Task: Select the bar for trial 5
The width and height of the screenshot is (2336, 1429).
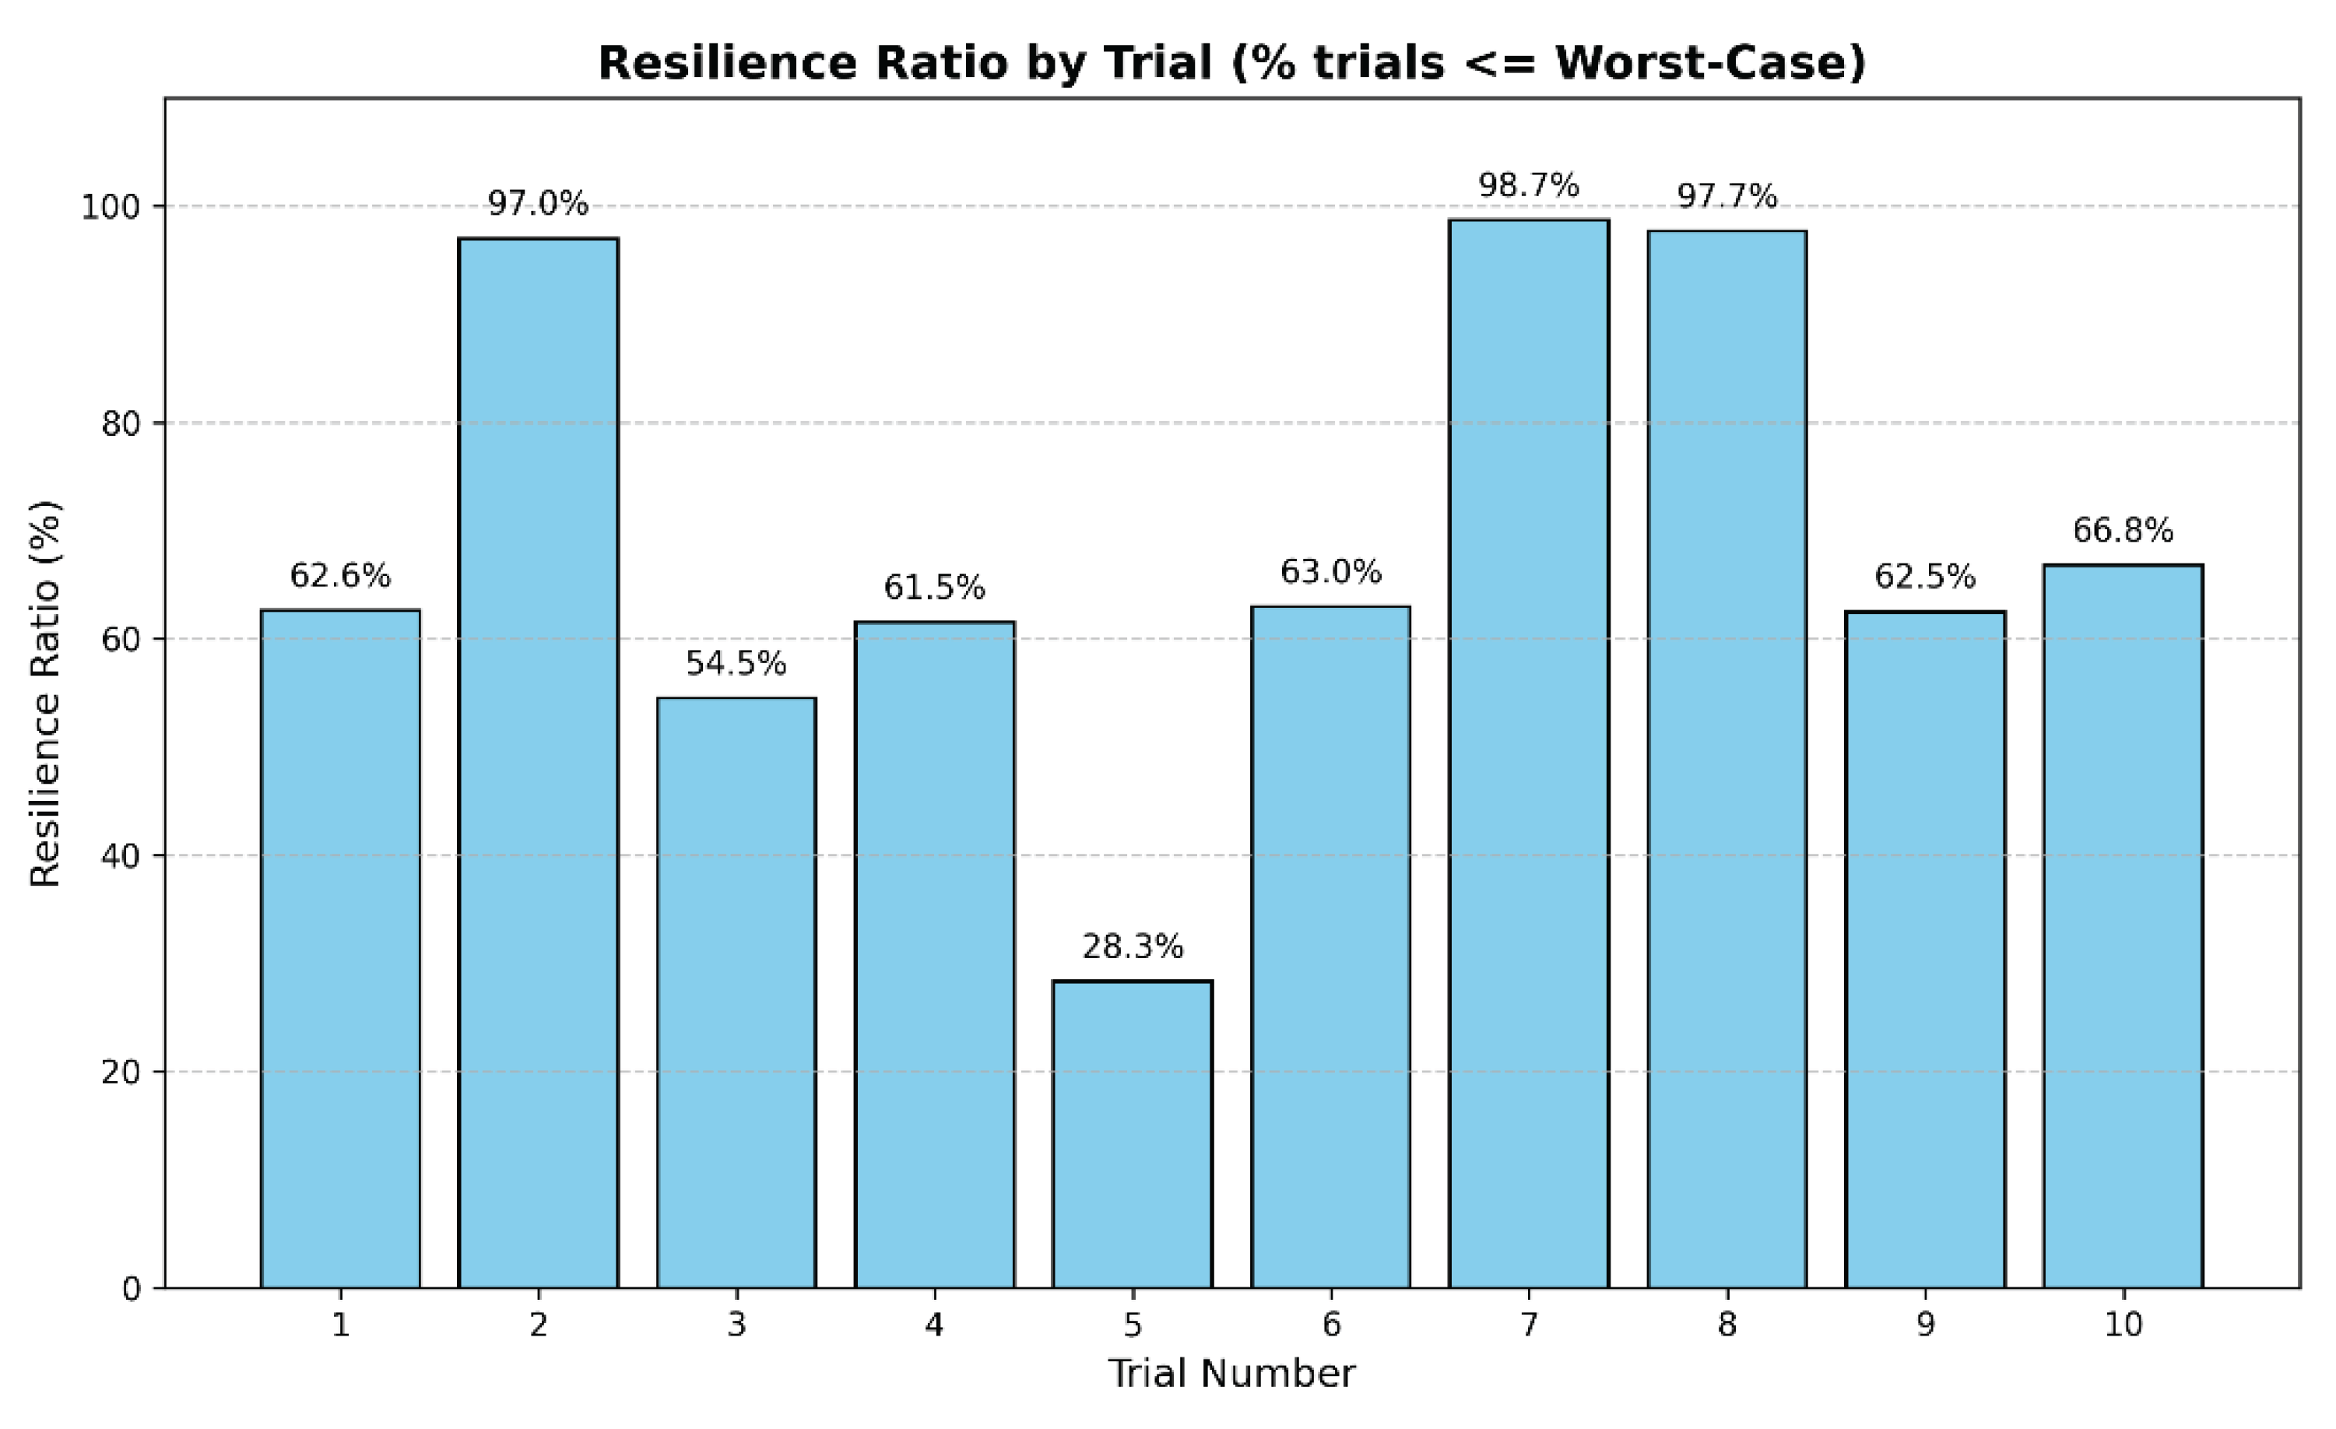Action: [1132, 1134]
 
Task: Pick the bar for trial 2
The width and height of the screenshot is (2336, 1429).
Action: [539, 764]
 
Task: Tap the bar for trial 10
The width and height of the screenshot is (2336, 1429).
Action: [2123, 926]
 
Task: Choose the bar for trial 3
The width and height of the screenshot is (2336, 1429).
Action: [736, 993]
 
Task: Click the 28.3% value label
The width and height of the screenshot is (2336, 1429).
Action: [1133, 946]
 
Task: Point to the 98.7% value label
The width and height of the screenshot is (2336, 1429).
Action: [1530, 185]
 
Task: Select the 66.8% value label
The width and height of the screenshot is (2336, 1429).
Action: [2123, 530]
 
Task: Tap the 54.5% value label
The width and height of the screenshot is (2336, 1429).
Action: [736, 664]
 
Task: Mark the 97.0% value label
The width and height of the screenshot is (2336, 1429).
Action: [539, 204]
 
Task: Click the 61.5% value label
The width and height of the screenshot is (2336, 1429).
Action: [935, 588]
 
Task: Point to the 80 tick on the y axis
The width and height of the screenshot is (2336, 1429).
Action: [121, 423]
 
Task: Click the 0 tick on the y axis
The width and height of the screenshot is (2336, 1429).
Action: [131, 1289]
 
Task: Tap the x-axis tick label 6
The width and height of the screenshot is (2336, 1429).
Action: [1331, 1325]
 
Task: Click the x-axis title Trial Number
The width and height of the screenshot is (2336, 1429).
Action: [1232, 1374]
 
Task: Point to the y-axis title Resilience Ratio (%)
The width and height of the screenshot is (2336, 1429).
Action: [45, 693]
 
